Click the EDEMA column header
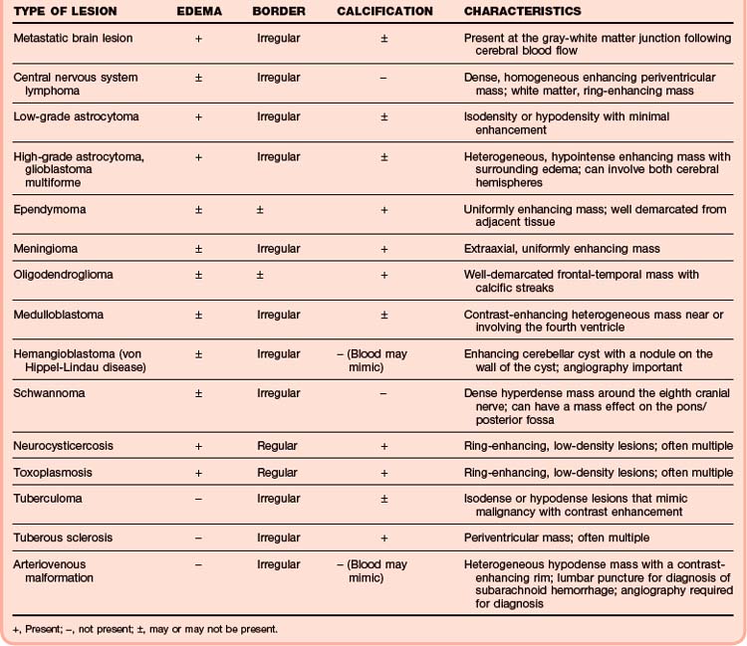tap(199, 11)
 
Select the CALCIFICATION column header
tap(384, 11)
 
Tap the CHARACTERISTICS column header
tap(522, 11)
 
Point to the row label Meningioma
tap(45, 249)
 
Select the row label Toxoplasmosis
tap(51, 472)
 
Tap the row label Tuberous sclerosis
tap(63, 538)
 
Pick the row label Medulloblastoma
tap(58, 315)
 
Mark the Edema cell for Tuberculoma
tap(199, 498)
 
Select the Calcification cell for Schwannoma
tap(383, 393)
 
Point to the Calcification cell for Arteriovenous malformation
tap(383, 571)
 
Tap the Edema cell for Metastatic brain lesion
tap(199, 38)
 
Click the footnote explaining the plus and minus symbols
tap(146, 629)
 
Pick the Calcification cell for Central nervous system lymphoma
tap(383, 77)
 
